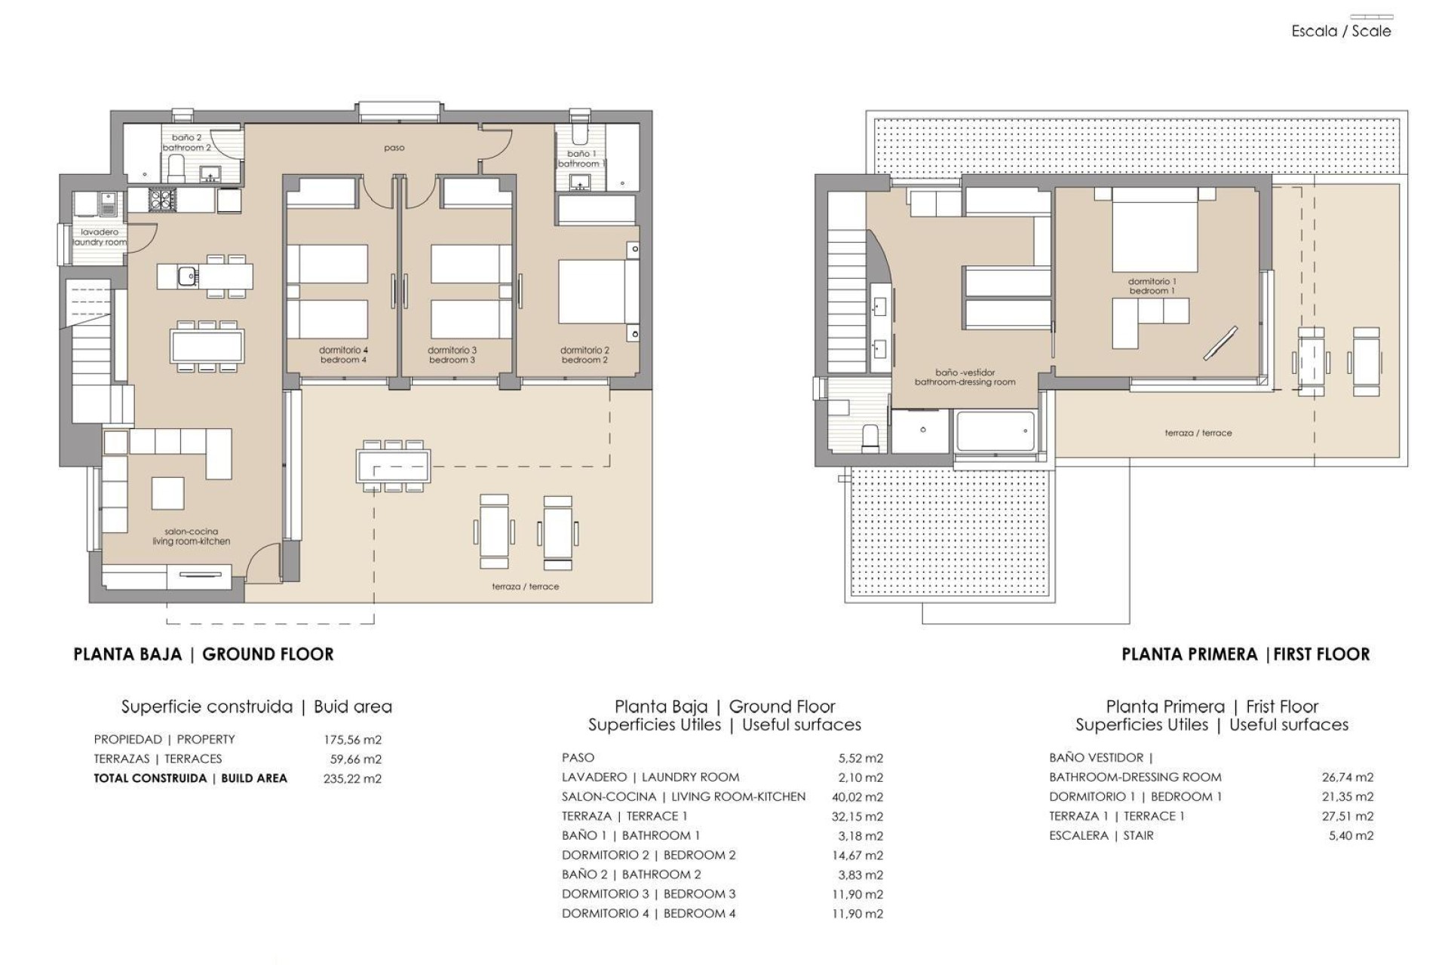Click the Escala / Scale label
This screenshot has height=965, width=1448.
(1340, 31)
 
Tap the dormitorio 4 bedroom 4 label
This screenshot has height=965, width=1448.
(343, 355)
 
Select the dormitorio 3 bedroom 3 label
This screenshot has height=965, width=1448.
(452, 355)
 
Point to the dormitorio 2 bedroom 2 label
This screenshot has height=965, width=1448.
(584, 355)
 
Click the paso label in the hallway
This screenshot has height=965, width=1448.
(394, 148)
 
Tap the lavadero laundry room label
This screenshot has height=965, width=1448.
(100, 237)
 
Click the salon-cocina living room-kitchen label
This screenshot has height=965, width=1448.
(191, 536)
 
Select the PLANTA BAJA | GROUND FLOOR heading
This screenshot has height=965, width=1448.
(203, 654)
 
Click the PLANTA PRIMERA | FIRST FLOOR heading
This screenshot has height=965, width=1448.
(1245, 654)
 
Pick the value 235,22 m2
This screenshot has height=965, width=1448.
(352, 779)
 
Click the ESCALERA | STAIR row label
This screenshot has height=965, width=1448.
(1101, 835)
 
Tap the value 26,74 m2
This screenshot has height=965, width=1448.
(1348, 777)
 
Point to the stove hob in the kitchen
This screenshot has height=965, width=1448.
(161, 199)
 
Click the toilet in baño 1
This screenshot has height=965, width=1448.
(578, 133)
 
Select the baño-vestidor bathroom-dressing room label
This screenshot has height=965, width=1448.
(965, 377)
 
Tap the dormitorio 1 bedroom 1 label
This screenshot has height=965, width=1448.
(1152, 286)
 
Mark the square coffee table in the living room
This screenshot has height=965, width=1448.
(167, 494)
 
